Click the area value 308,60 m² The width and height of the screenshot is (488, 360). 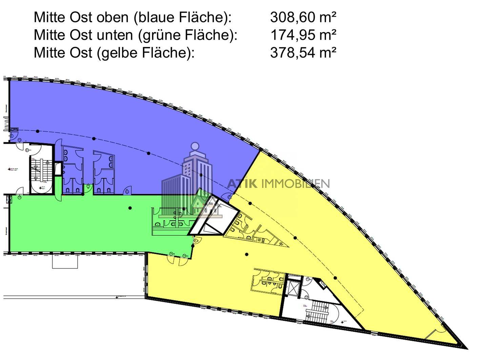(x=303, y=17)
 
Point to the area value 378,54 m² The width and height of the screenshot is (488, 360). (x=303, y=52)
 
